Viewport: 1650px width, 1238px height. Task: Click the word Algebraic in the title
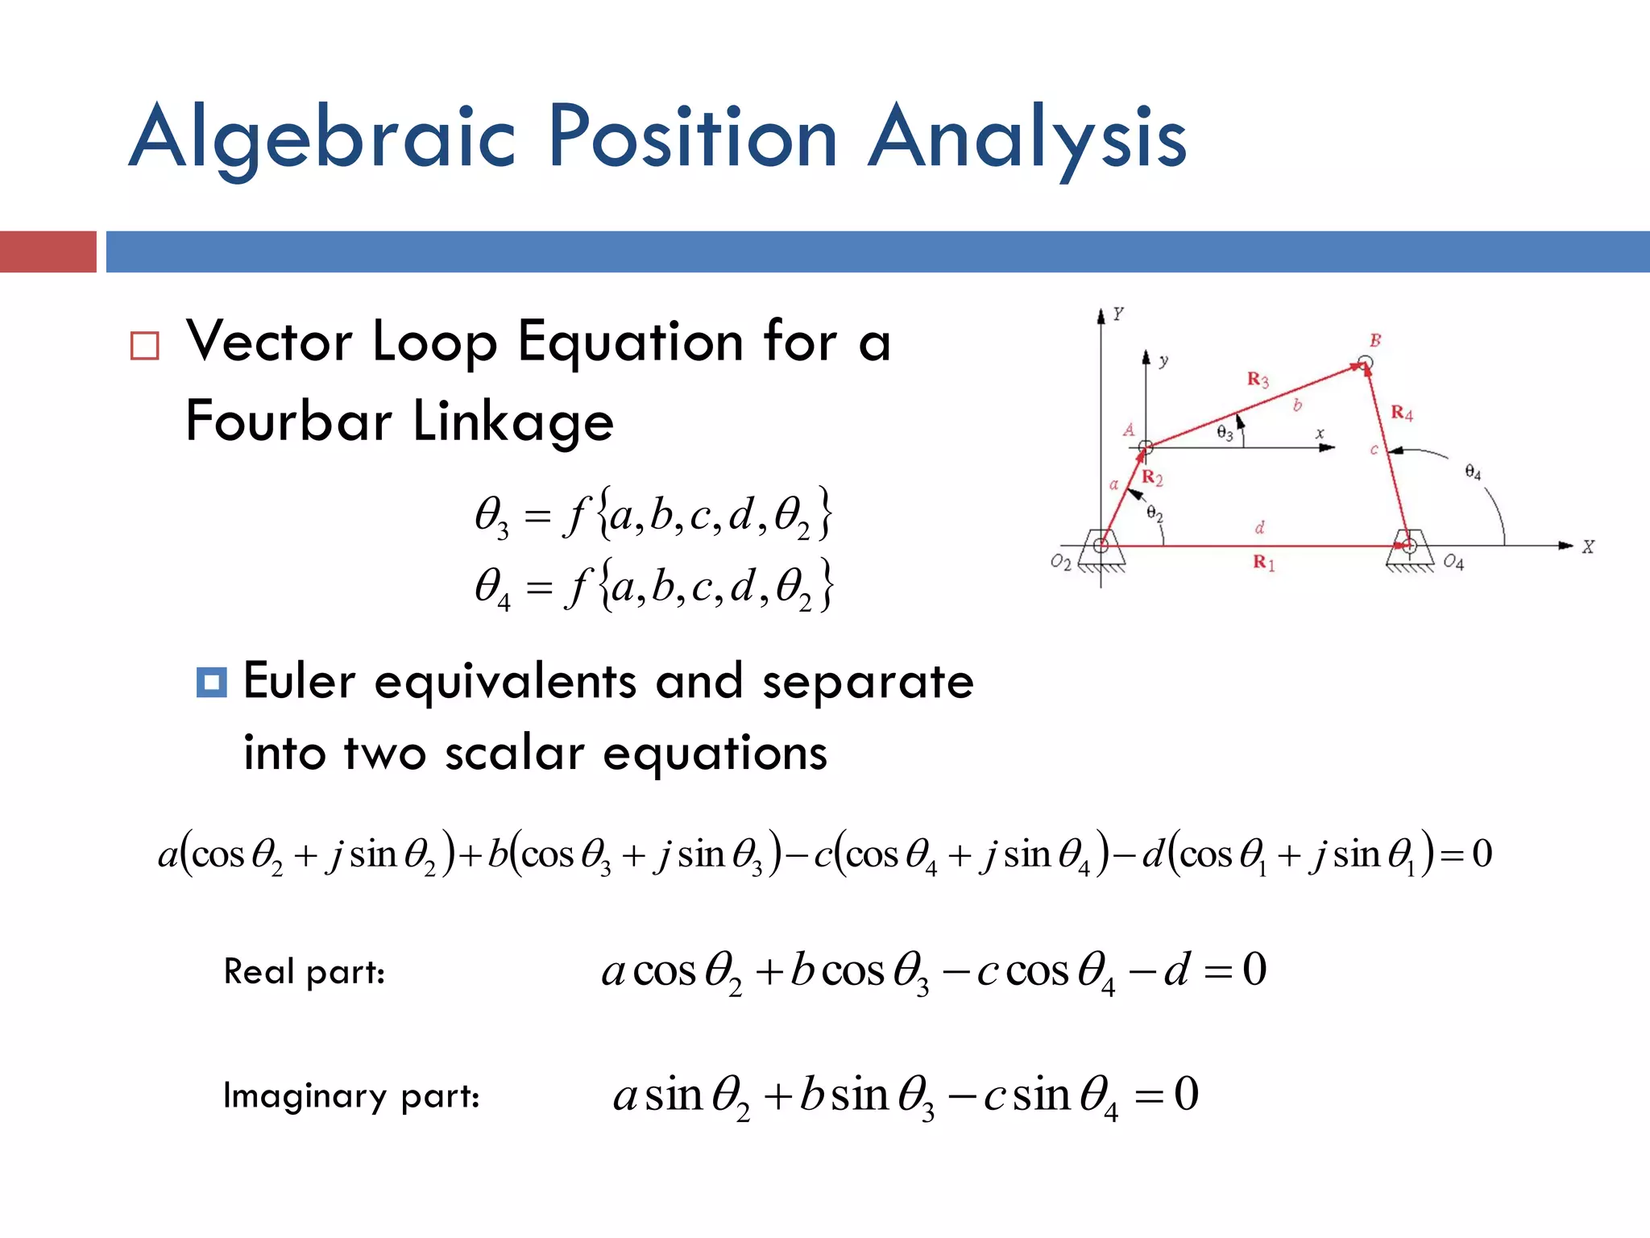(322, 137)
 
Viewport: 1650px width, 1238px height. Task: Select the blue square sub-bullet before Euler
(211, 682)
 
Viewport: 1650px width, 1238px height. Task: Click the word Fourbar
(289, 421)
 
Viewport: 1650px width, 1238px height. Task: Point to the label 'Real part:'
(304, 971)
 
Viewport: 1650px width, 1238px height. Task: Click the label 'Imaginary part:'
(351, 1096)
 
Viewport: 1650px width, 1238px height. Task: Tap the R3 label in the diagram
(1258, 380)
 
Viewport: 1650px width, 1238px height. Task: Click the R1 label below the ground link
(1263, 563)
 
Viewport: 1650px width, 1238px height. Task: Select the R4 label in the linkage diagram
(1402, 413)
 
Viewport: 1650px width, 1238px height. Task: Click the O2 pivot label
(1061, 562)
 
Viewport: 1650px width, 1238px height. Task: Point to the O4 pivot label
(1453, 562)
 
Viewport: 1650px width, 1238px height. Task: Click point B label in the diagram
(1375, 340)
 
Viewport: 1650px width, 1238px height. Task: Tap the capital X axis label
(1588, 547)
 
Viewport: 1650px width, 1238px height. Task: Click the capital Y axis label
(1118, 314)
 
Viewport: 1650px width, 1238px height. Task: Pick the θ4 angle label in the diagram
(1473, 472)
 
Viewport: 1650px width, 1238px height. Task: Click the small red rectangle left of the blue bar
(48, 251)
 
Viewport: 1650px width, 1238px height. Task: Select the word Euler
(299, 682)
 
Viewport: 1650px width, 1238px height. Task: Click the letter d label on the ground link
(1260, 528)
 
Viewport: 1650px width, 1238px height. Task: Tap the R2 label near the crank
(1152, 478)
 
